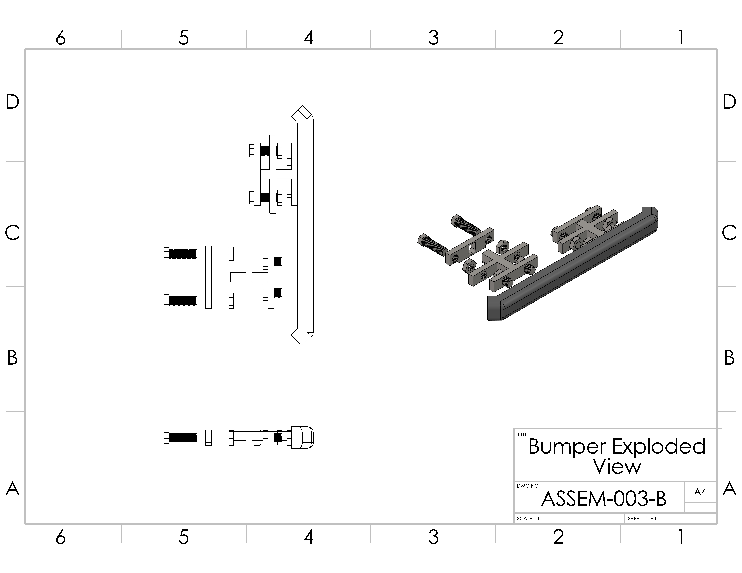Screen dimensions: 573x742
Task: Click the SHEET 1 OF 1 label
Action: click(x=642, y=519)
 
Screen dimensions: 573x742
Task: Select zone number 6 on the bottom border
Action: click(x=61, y=537)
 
